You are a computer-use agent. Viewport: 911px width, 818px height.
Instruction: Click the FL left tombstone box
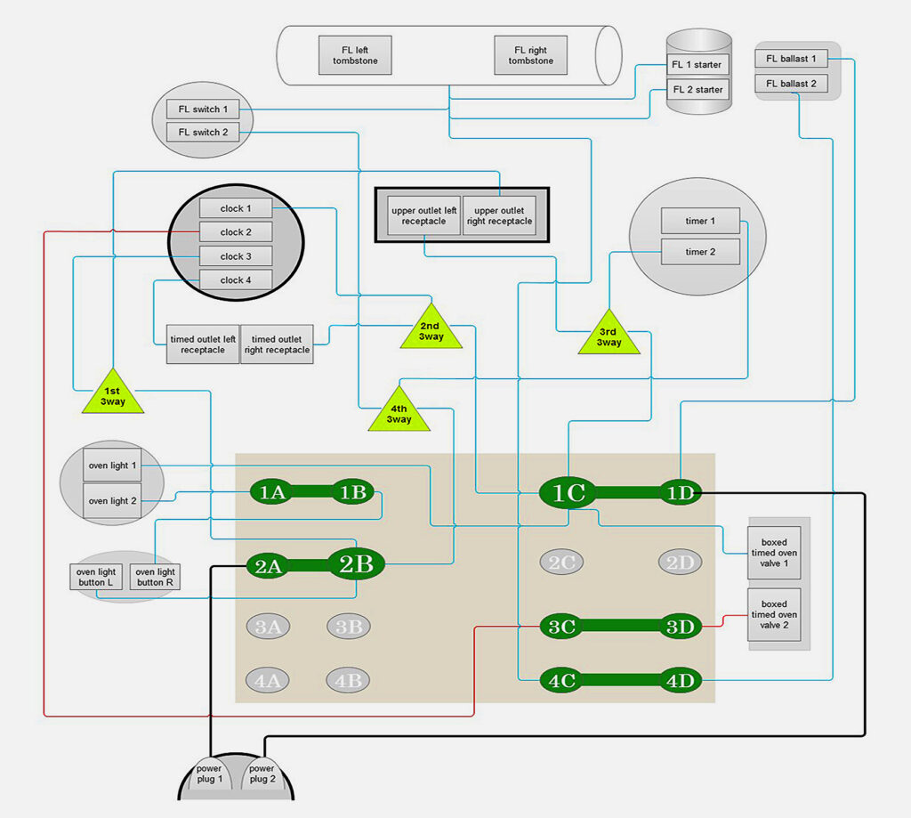[355, 55]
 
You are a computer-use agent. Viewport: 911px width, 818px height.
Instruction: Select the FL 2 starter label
[697, 90]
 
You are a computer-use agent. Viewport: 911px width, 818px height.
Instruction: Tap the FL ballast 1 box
[791, 59]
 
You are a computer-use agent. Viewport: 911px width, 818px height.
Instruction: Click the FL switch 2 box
[203, 132]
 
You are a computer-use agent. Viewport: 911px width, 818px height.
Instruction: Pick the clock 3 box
[235, 255]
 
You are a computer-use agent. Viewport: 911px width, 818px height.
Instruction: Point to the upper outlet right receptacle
[499, 215]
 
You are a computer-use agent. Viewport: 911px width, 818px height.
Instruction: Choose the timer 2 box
[700, 252]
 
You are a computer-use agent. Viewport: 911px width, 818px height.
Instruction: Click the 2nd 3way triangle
[431, 329]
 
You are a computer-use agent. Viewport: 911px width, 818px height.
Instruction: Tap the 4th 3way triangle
[399, 411]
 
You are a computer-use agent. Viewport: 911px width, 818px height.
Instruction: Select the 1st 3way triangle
[113, 394]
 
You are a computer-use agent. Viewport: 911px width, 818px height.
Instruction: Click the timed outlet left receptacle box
[202, 344]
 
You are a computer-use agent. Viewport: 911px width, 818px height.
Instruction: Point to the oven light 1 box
[112, 466]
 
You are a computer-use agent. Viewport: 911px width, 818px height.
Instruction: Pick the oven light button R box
[155, 577]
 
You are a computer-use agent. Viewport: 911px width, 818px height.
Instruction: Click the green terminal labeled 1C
[568, 493]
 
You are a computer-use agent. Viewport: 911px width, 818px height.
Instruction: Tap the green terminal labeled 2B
[356, 564]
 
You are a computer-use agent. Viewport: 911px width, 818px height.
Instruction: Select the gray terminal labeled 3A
[268, 627]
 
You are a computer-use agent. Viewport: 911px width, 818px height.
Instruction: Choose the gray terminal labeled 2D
[680, 563]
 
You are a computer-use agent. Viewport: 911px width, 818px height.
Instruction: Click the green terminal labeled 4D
[680, 680]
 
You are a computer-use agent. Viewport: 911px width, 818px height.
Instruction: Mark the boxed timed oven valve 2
[774, 614]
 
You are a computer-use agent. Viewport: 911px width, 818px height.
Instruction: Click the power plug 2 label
[262, 773]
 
